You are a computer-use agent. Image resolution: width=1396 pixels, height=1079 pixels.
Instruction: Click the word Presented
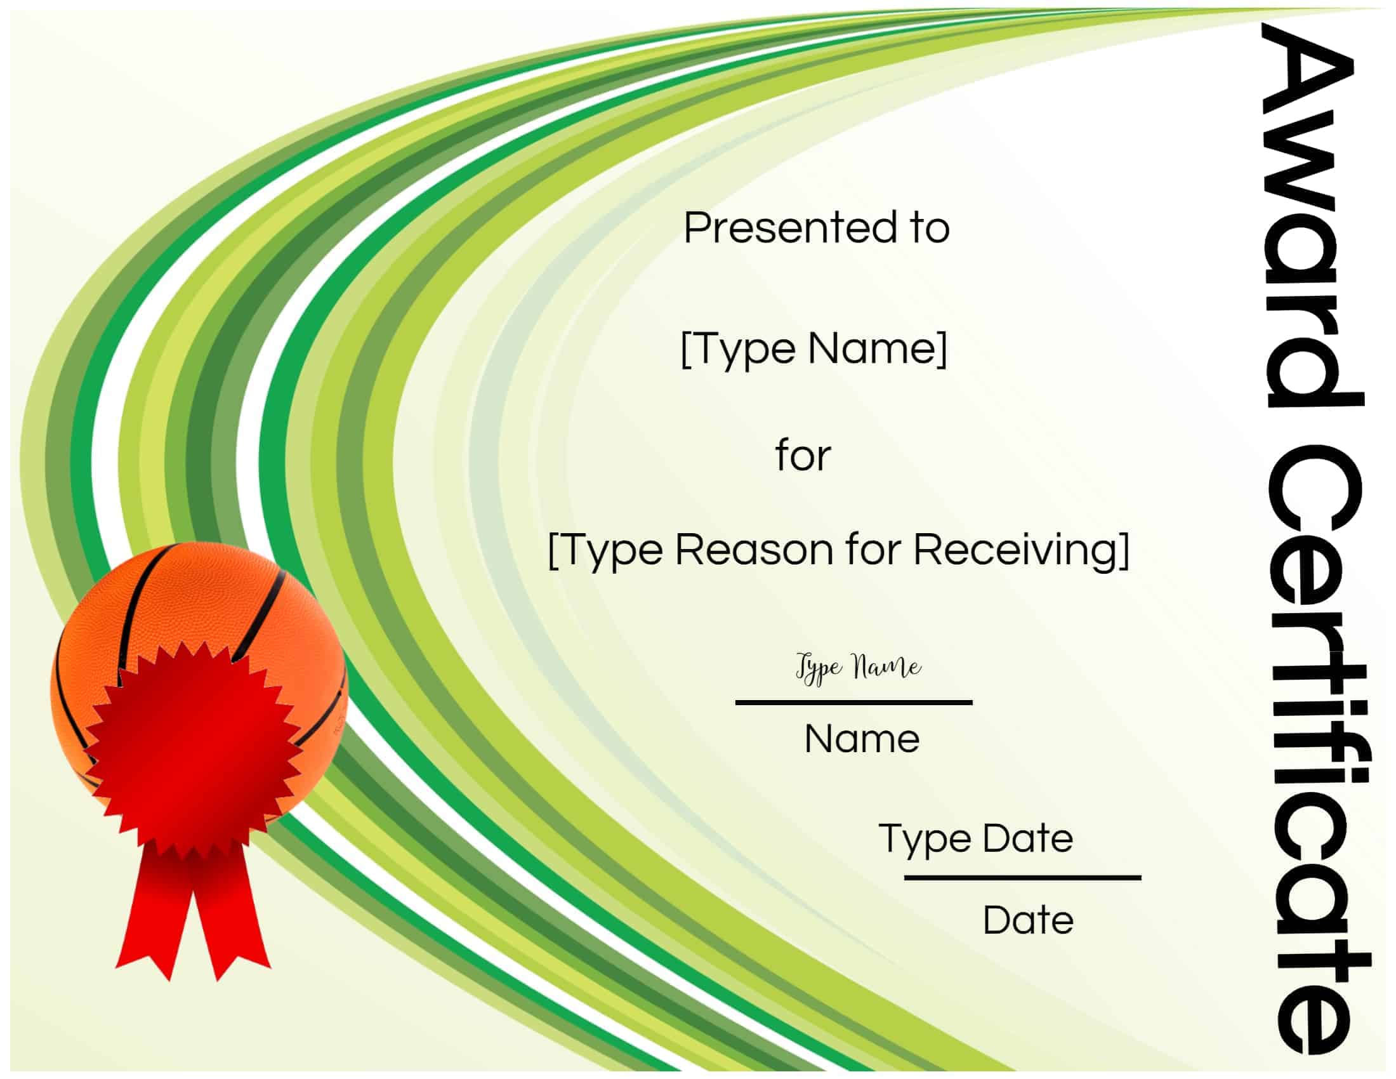[790, 228]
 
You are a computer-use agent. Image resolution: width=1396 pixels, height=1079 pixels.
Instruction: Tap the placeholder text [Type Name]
[813, 350]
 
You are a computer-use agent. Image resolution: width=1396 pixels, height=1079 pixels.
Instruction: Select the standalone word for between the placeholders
[803, 456]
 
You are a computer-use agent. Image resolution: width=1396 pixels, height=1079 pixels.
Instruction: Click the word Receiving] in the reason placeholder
[1021, 550]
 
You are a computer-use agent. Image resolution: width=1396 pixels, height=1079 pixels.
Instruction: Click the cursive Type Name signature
[859, 668]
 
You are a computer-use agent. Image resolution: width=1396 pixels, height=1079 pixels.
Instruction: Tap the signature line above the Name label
[854, 703]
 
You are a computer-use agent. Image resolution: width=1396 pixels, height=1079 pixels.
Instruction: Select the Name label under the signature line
[862, 739]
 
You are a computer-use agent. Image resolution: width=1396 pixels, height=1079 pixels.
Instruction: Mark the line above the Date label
[1022, 878]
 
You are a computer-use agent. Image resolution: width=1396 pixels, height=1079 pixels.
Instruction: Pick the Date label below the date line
[1028, 920]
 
